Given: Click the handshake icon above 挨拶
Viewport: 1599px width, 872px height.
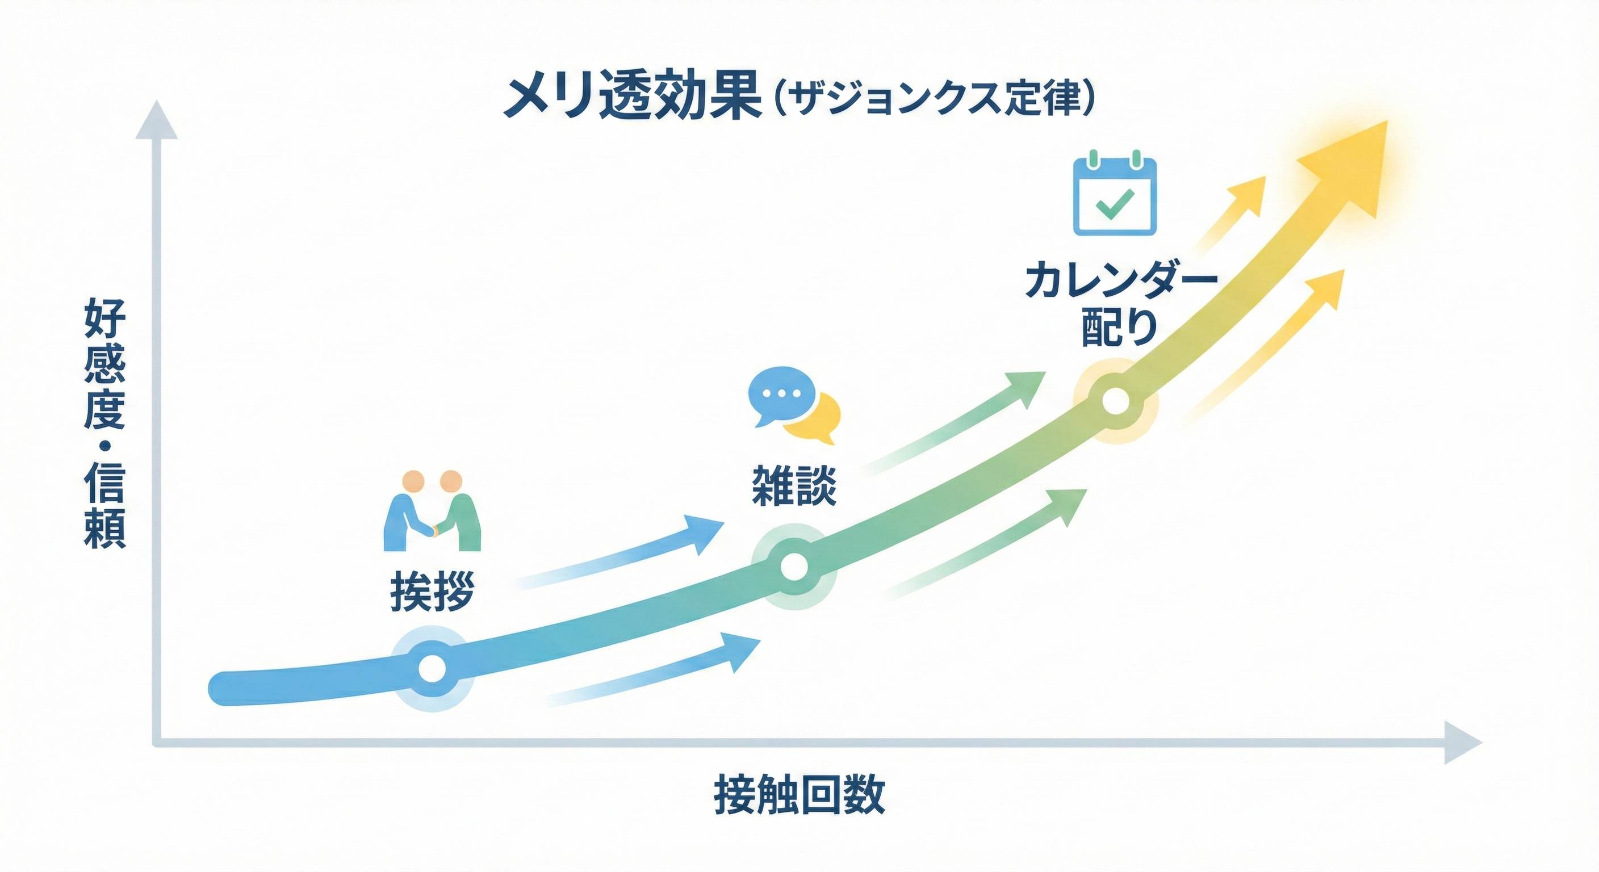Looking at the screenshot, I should click(433, 511).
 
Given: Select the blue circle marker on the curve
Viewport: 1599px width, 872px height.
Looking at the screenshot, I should click(433, 668).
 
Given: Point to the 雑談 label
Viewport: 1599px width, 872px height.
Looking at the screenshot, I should click(794, 486).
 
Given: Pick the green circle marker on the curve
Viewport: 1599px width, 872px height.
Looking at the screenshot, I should click(794, 567).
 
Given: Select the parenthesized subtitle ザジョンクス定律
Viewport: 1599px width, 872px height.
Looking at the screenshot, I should click(935, 100).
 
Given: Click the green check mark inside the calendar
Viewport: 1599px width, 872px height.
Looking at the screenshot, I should click(1115, 202).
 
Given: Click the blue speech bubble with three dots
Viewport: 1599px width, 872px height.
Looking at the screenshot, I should click(780, 395).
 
